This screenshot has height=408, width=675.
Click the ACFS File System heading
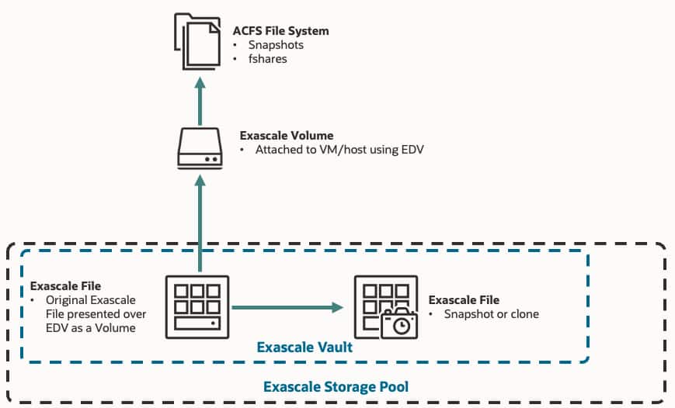(280, 31)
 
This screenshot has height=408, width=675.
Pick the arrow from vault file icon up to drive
(200, 221)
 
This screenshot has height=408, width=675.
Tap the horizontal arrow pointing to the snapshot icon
(287, 308)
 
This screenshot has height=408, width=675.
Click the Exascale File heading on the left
(65, 286)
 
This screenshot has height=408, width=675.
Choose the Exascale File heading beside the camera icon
(464, 299)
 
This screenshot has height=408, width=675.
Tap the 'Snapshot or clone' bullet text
(491, 314)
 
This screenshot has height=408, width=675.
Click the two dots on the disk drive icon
(212, 158)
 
